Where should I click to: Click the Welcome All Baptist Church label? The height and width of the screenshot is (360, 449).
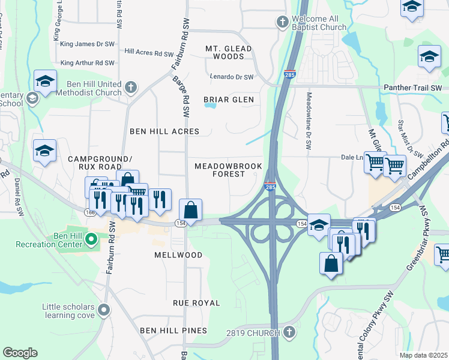pyautogui.click(x=319, y=23)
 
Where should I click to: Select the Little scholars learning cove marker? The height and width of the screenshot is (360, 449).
pyautogui.click(x=104, y=310)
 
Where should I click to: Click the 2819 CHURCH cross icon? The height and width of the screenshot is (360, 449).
pyautogui.click(x=289, y=332)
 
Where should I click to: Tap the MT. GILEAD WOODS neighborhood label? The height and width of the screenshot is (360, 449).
pyautogui.click(x=225, y=52)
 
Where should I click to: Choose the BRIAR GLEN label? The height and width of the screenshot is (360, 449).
pyautogui.click(x=228, y=99)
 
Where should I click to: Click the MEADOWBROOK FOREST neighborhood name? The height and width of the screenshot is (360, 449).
pyautogui.click(x=220, y=169)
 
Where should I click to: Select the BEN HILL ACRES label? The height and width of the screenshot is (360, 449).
pyautogui.click(x=164, y=131)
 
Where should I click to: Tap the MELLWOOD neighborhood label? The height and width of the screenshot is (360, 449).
pyautogui.click(x=178, y=255)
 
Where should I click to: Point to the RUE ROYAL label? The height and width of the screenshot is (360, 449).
pyautogui.click(x=197, y=303)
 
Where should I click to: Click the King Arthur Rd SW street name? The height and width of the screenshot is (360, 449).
pyautogui.click(x=88, y=62)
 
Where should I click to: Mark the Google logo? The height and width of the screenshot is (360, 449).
pyautogui.click(x=20, y=352)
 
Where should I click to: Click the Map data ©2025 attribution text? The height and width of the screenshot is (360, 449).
pyautogui.click(x=423, y=355)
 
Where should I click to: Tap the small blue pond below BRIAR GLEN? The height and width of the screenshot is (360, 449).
pyautogui.click(x=209, y=106)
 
